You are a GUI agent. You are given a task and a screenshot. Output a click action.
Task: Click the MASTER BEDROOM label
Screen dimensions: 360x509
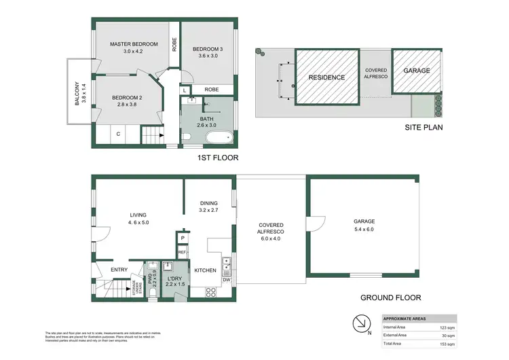pos(134,44)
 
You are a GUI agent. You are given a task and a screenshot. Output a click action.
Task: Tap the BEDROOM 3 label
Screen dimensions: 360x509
pos(207,49)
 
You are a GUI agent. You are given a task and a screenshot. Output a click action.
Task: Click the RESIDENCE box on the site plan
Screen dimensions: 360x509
pos(327,77)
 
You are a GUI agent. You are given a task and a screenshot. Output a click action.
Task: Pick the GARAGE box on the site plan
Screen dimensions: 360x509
pos(417,71)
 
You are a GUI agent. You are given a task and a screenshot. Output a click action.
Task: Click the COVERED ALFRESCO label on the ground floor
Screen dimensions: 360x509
pos(271,228)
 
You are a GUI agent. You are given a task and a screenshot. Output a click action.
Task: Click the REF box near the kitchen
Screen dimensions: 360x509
pos(182,253)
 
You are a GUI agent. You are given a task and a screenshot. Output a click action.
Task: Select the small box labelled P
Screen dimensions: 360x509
pos(182,238)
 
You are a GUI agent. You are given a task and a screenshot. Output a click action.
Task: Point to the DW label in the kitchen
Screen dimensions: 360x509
pos(227,280)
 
